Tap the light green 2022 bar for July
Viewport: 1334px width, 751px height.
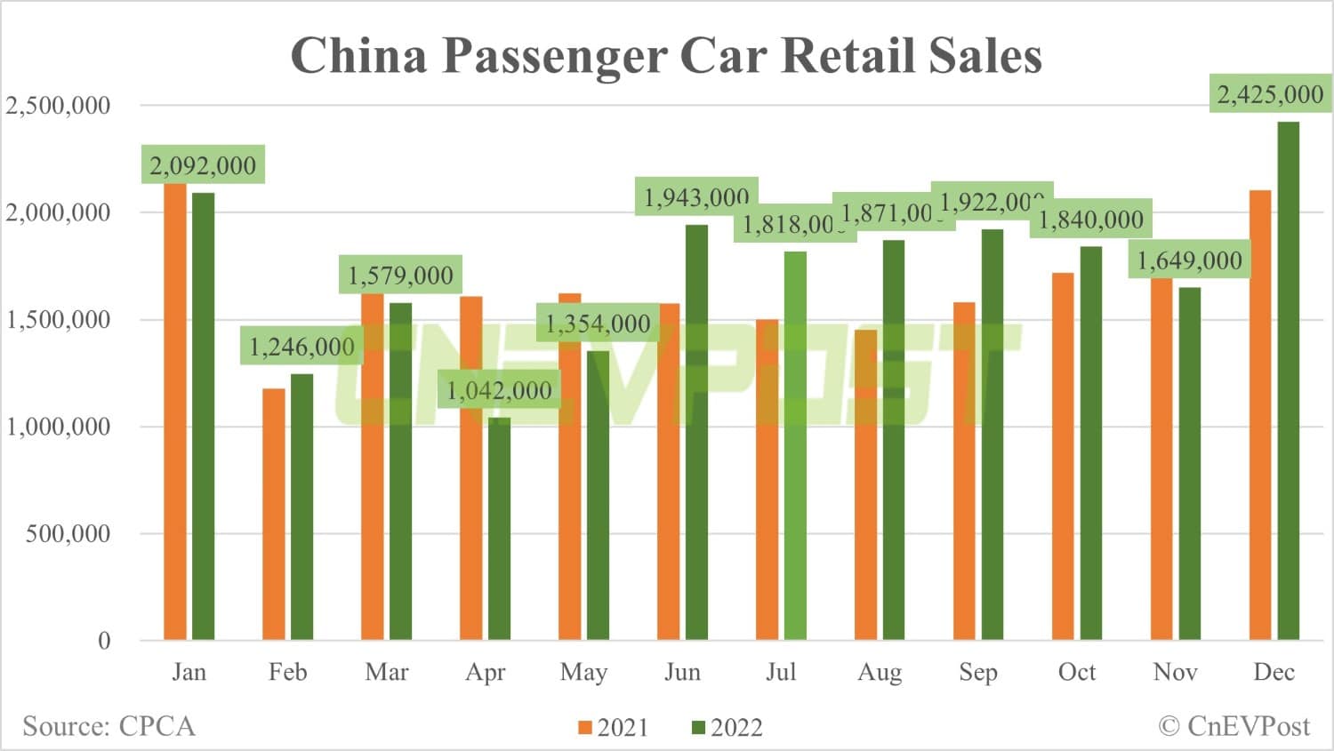[x=795, y=445]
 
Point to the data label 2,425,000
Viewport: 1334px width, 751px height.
[x=1269, y=94]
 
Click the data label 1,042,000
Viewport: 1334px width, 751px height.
[x=499, y=390]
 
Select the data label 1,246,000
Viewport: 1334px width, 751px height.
[x=301, y=347]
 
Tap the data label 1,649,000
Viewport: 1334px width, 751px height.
[x=1189, y=260]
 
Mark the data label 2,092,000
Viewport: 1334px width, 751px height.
[x=203, y=165]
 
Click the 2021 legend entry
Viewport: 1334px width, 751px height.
[x=613, y=728]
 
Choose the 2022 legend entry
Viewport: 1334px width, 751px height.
[x=727, y=728]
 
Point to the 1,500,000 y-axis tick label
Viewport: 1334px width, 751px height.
[x=59, y=320]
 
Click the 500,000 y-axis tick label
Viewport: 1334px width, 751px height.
[x=68, y=534]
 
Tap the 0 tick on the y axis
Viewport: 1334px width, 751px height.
[x=104, y=641]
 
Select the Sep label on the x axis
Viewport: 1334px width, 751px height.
[x=977, y=672]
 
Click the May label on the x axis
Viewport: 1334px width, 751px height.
[x=583, y=672]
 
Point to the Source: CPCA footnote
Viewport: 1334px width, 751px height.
[x=108, y=726]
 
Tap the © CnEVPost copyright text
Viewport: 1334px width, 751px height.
[x=1234, y=726]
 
